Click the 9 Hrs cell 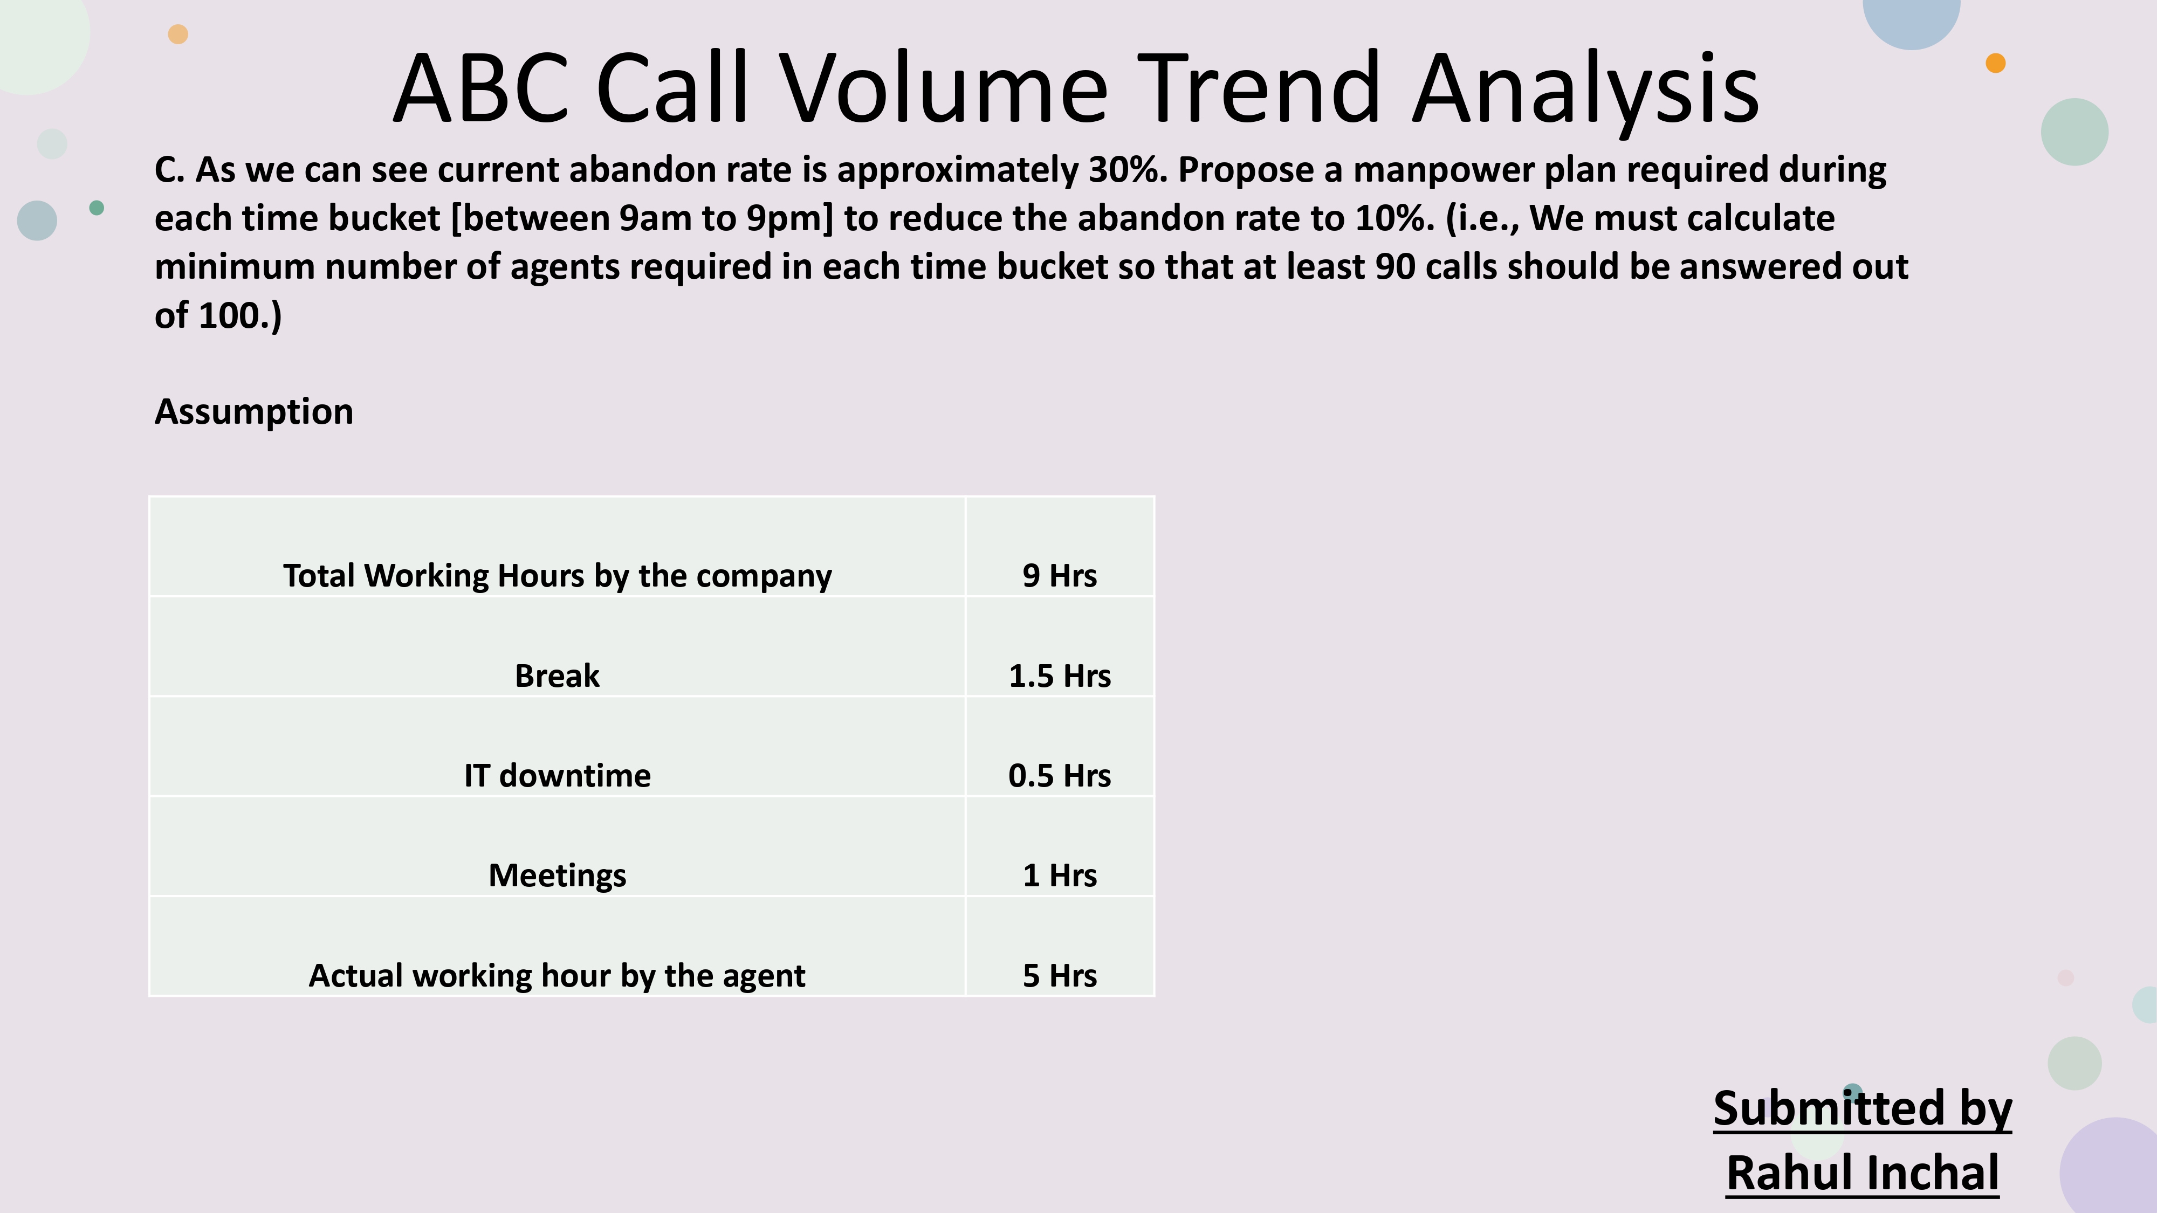click(x=1059, y=576)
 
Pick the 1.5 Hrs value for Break click(x=1059, y=676)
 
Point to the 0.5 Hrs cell click(x=1059, y=776)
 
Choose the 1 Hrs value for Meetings click(x=1059, y=876)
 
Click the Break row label click(x=557, y=676)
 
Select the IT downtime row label click(x=557, y=776)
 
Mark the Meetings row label click(x=557, y=876)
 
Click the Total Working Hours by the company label click(x=557, y=576)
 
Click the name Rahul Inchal click(x=1862, y=1173)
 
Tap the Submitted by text click(x=1862, y=1108)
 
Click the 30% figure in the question click(x=1126, y=170)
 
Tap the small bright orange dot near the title click(x=1995, y=63)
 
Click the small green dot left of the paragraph click(x=97, y=208)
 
